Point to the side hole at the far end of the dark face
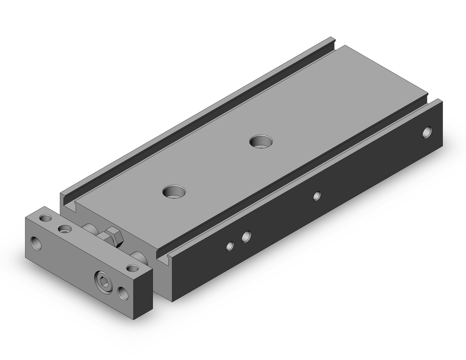tap(427, 132)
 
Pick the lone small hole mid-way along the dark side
tap(317, 195)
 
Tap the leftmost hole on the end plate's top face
tap(45, 218)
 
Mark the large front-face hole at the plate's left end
tap(36, 242)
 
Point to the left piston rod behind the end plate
tap(89, 228)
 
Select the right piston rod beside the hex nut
tap(138, 256)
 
